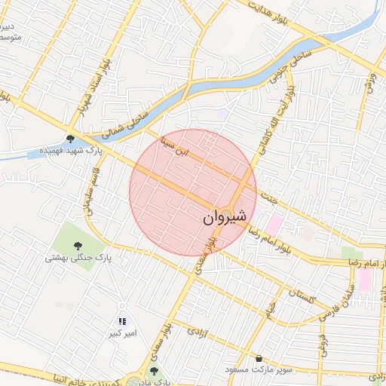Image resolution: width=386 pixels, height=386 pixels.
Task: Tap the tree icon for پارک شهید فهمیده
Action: (x=70, y=139)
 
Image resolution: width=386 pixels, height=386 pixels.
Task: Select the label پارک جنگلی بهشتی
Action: (x=78, y=258)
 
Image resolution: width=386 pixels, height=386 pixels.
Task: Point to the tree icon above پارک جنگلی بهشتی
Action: (x=78, y=244)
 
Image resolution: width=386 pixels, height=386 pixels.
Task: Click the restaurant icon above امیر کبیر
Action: (x=122, y=321)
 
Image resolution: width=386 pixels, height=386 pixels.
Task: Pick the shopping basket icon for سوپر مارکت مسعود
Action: (x=260, y=358)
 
